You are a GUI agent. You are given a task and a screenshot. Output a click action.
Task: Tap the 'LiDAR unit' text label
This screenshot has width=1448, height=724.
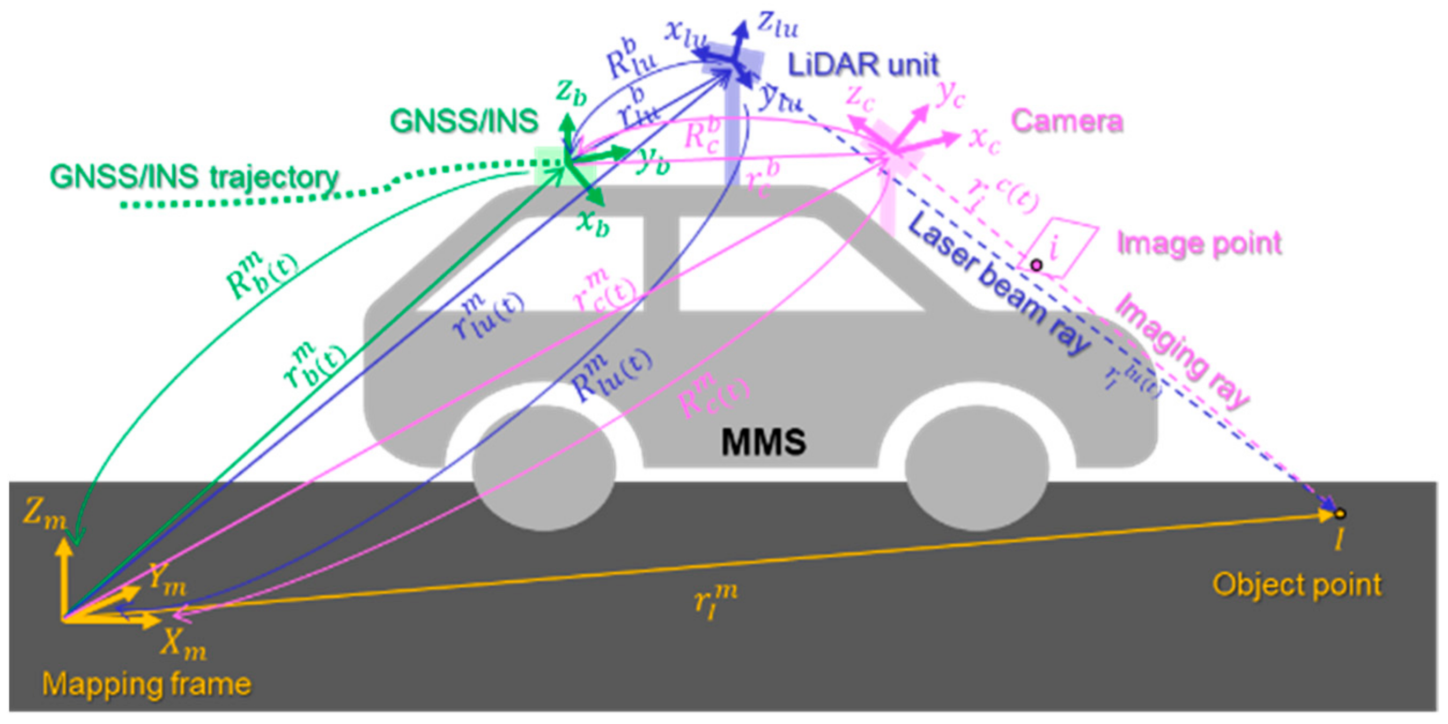(x=863, y=65)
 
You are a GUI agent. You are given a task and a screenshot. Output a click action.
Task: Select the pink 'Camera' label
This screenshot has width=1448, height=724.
(x=1066, y=120)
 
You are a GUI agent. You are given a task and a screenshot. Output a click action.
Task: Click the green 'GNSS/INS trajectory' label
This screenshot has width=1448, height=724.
(x=195, y=178)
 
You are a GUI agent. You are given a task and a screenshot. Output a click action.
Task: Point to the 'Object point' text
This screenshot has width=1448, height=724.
(x=1296, y=585)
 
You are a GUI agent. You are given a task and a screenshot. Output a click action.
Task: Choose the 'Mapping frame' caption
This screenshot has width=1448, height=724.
(x=146, y=684)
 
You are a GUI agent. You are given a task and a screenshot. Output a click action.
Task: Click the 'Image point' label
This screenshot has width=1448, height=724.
(x=1199, y=243)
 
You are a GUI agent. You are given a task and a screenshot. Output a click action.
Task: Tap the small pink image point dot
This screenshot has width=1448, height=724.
(x=1036, y=265)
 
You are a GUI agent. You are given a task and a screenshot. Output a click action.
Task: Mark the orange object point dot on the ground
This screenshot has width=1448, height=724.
(x=1340, y=513)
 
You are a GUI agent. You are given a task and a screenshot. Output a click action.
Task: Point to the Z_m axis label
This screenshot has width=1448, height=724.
(x=44, y=515)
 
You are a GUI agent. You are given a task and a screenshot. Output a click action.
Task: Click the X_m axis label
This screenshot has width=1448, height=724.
(x=183, y=643)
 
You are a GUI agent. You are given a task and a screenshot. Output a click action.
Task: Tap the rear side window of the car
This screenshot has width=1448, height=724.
(x=528, y=264)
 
